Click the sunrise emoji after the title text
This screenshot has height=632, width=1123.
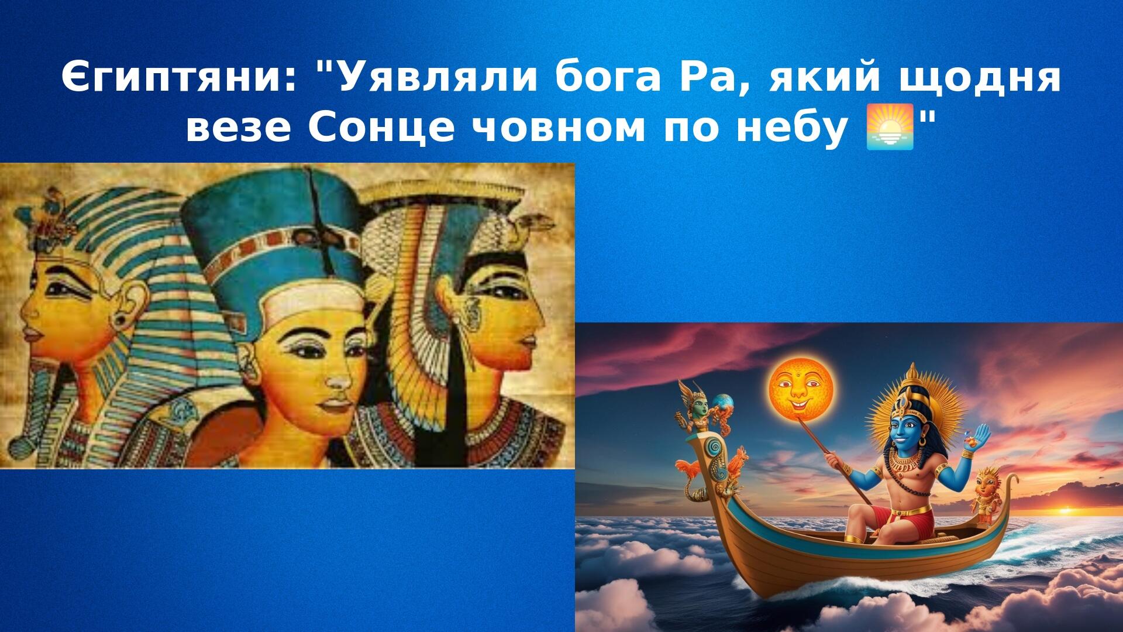click(x=889, y=128)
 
